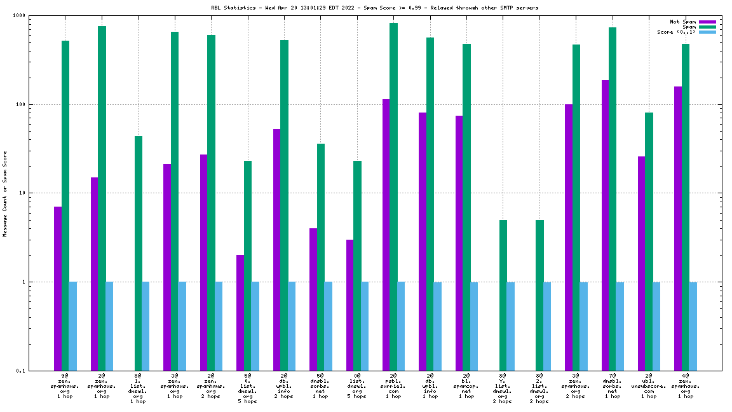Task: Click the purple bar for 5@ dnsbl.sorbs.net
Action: click(313, 299)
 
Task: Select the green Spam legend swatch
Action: click(707, 27)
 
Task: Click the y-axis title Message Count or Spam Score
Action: click(5, 193)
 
